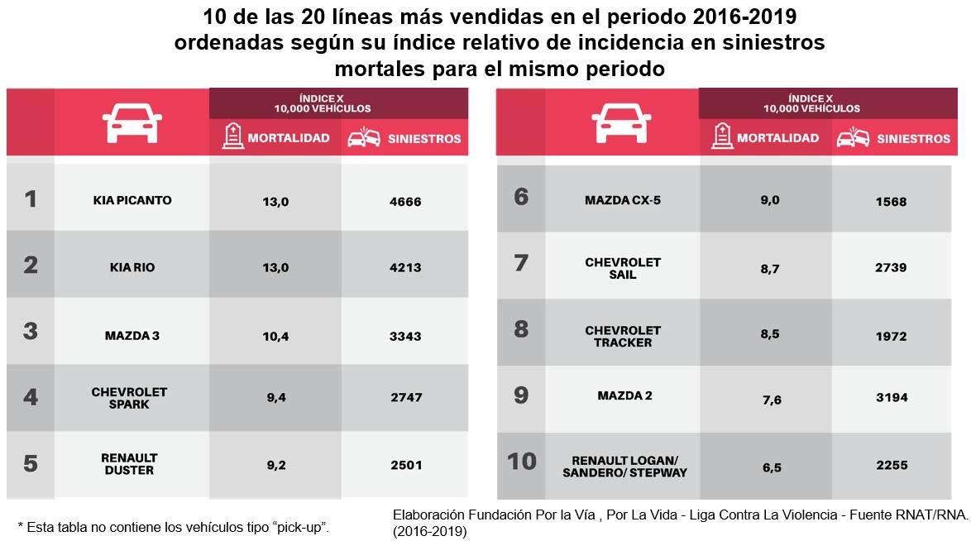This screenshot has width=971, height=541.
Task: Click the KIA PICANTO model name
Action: (132, 200)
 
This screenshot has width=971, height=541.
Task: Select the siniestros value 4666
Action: (405, 200)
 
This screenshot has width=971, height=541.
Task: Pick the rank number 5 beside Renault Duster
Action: (31, 463)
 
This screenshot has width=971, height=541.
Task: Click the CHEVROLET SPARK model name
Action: (129, 398)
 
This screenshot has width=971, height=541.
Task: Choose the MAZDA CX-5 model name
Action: (622, 200)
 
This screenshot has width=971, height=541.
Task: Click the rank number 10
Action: (521, 461)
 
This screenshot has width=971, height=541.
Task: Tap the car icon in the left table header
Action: (132, 124)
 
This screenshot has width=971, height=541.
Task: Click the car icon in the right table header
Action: (621, 124)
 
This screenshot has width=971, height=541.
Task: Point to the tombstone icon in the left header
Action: (232, 136)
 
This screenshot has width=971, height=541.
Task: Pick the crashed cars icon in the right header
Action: (852, 138)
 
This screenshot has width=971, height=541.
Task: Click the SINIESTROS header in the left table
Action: (424, 138)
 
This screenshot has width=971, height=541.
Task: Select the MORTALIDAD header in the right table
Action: (777, 138)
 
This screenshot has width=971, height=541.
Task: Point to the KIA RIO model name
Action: (132, 268)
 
